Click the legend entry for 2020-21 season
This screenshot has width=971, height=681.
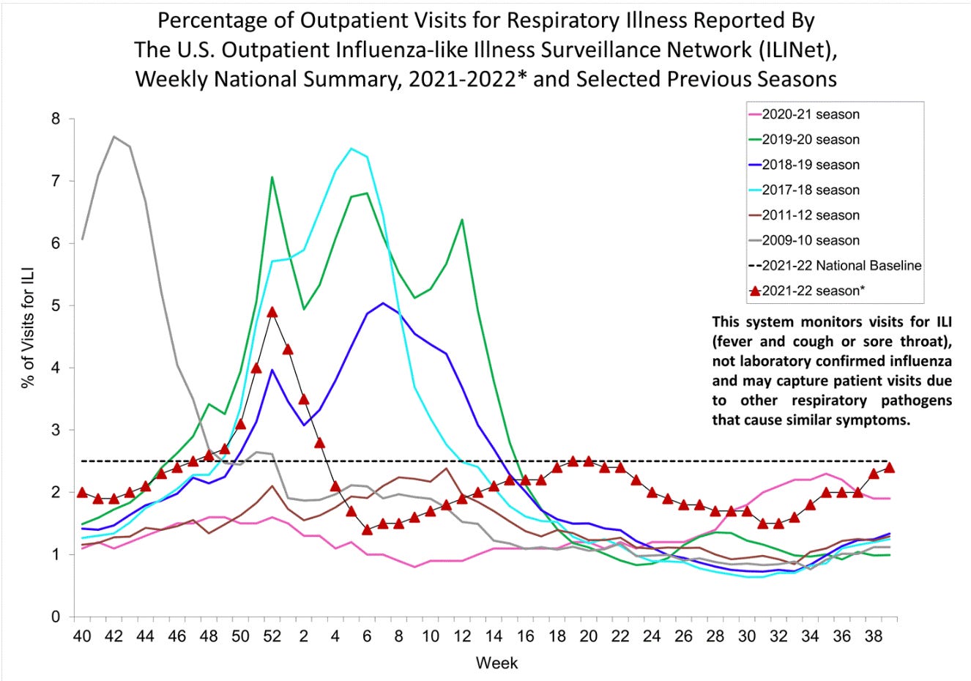(x=810, y=114)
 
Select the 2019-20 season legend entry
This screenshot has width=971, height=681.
(x=810, y=139)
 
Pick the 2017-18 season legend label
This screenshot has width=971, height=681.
(x=810, y=190)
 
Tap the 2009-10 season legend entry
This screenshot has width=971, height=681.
(x=810, y=240)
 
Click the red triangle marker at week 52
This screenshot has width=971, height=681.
(x=272, y=312)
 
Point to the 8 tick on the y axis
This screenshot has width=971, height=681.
(x=56, y=119)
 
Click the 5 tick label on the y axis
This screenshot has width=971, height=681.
(x=56, y=305)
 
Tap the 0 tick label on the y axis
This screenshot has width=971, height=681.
(x=56, y=617)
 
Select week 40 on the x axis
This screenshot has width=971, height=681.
(x=82, y=636)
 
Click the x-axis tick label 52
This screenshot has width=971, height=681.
(x=272, y=636)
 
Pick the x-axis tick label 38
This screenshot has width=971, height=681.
(x=874, y=636)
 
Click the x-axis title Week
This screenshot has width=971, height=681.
(x=496, y=663)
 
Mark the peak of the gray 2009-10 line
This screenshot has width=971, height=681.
(x=114, y=136)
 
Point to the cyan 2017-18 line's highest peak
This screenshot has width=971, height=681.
(x=351, y=149)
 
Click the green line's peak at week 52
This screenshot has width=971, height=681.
(x=272, y=177)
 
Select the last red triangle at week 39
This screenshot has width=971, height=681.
(x=889, y=467)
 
